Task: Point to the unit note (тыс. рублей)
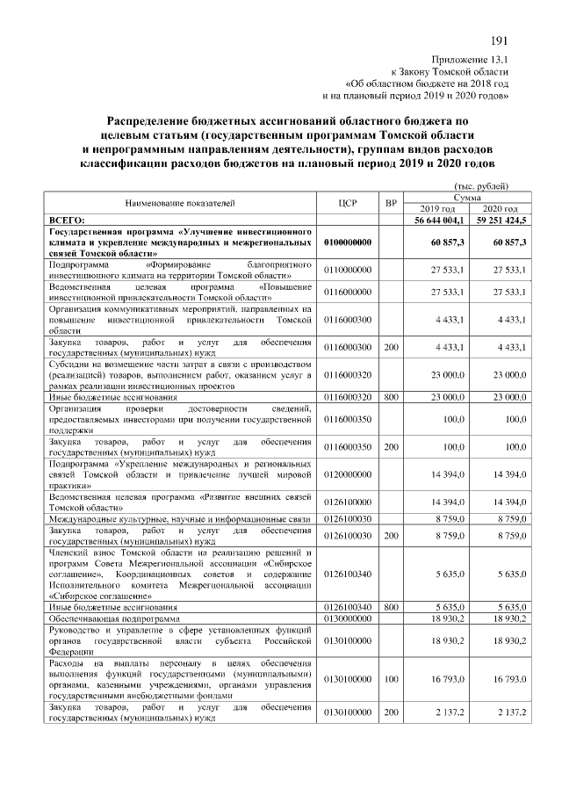point(480,185)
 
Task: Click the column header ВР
point(391,202)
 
